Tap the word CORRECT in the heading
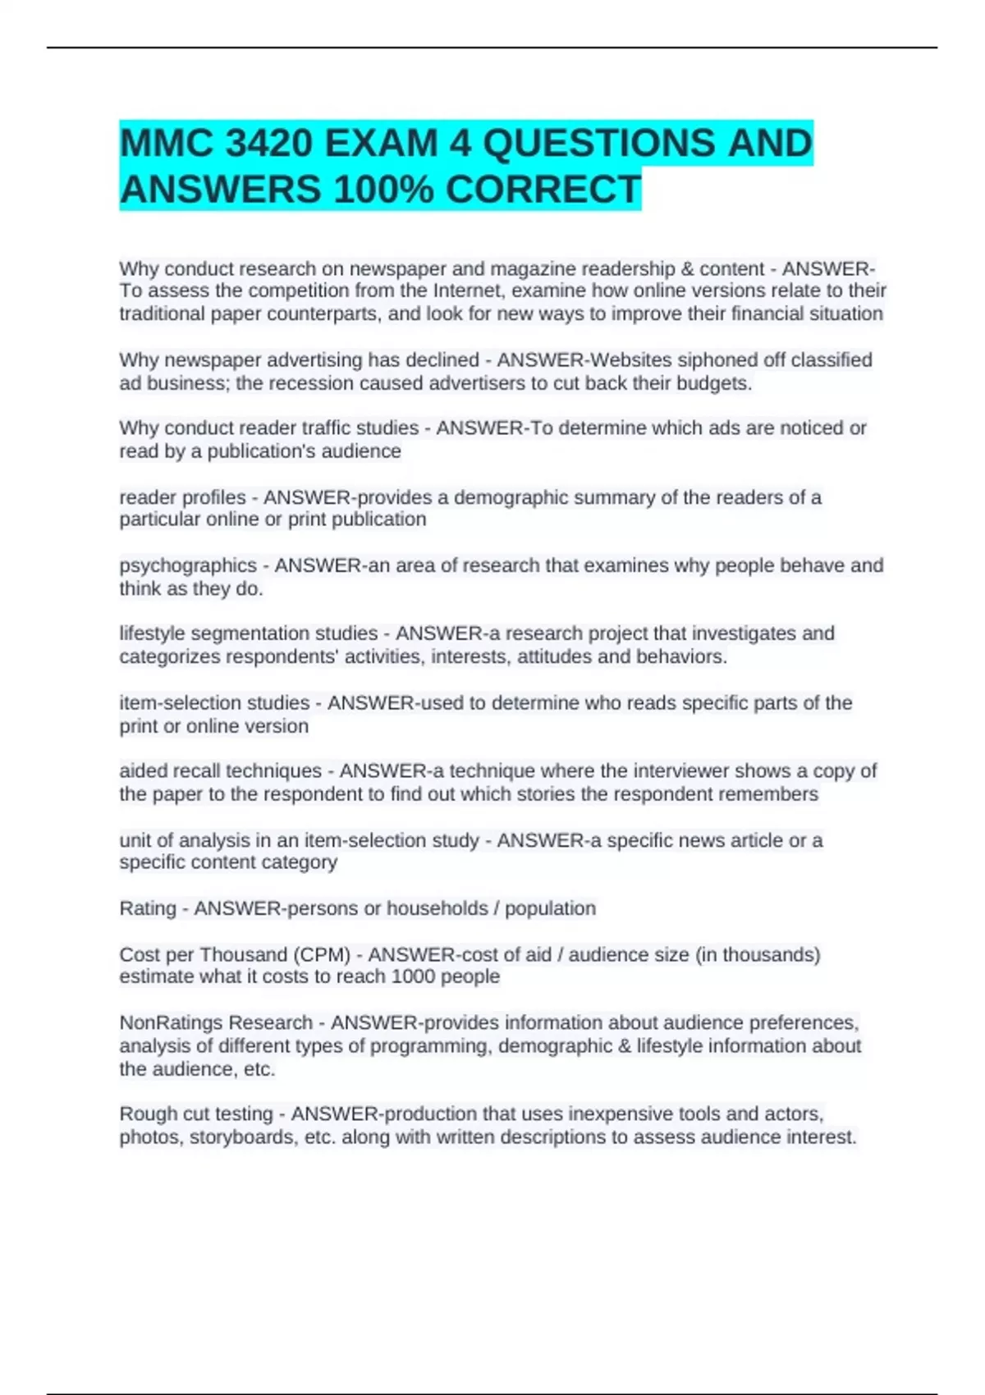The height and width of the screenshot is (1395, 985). [x=543, y=190]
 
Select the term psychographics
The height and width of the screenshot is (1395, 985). [x=188, y=565]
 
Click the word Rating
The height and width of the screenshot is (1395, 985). [x=148, y=908]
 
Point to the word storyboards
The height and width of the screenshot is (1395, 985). [x=244, y=1137]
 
